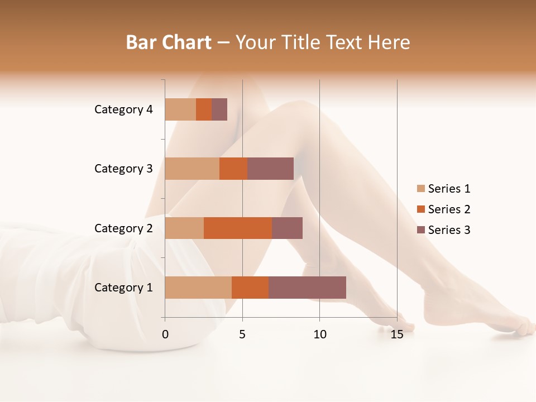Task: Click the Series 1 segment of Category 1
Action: [x=198, y=288]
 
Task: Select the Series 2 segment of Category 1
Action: [x=250, y=288]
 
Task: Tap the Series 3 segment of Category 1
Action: [x=307, y=288]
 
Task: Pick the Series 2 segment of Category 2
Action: [x=238, y=228]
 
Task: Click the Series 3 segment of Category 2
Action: [x=287, y=228]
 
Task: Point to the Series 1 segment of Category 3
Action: [x=192, y=169]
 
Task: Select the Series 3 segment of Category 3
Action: [x=270, y=169]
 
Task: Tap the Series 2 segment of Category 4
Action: [x=204, y=109]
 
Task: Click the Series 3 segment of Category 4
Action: [x=219, y=109]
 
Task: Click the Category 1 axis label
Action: [x=123, y=288]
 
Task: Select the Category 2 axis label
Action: [x=123, y=228]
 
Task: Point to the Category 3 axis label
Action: [x=123, y=169]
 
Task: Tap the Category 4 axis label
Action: [x=123, y=109]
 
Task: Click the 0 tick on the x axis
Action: [x=165, y=334]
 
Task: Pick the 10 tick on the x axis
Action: [x=319, y=334]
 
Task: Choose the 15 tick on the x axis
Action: [x=396, y=334]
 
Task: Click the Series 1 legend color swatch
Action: [x=421, y=189]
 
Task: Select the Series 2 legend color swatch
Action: [x=421, y=209]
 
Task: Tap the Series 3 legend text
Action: [x=449, y=230]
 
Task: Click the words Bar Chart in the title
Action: [x=169, y=42]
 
